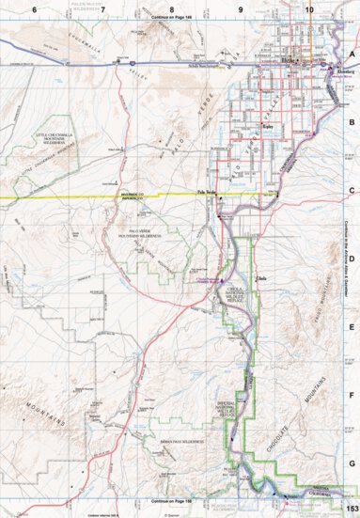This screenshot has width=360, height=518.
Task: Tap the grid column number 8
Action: coord(172,8)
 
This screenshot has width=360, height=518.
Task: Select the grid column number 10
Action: coord(309,8)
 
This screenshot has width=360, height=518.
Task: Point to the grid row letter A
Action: coord(352,55)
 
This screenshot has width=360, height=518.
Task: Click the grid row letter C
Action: coord(352,190)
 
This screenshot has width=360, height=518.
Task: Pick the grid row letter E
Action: coord(352,327)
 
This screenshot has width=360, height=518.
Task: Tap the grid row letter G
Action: coord(352,463)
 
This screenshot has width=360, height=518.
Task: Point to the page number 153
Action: coord(350,509)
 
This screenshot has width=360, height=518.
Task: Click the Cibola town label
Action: coord(262,278)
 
